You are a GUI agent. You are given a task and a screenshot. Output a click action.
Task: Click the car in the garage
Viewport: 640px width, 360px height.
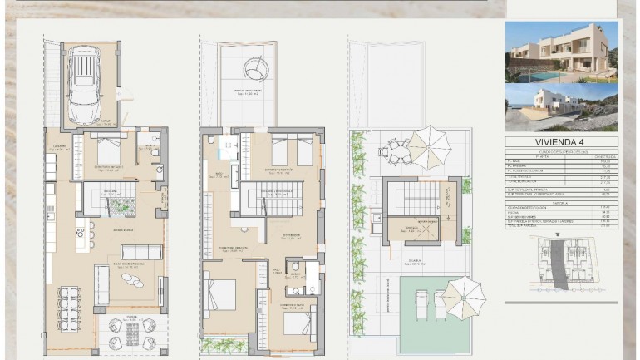pos(84,86)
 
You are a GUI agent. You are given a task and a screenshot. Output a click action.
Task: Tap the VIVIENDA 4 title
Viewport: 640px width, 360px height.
pos(562,142)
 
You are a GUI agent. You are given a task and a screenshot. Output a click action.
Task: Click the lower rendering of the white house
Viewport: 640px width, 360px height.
pos(562,106)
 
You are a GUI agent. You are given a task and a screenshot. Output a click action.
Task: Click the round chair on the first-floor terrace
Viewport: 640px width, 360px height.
pos(257,66)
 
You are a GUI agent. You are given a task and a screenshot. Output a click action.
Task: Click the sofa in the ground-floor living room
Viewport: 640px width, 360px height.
pos(140,253)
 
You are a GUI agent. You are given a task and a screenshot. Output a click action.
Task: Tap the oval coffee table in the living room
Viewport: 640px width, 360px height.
pos(133,282)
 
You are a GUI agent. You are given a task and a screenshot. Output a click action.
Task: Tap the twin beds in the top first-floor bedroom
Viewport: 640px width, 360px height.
pos(291,150)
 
